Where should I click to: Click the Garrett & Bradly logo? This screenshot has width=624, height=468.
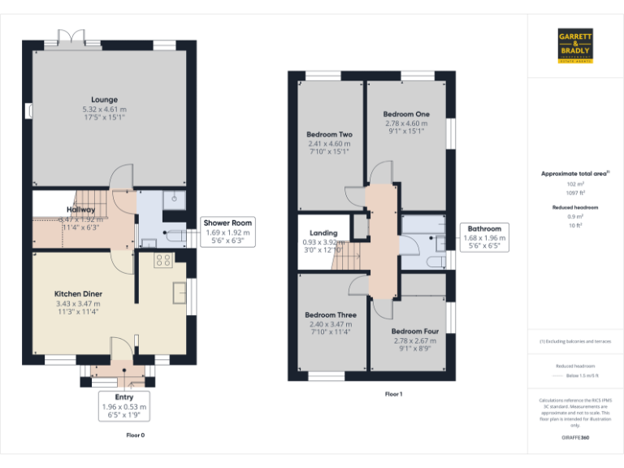[x=575, y=45]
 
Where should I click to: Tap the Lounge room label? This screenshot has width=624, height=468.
[x=104, y=99]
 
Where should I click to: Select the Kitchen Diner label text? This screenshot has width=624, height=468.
[x=78, y=293]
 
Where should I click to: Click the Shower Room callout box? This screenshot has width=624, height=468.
[x=228, y=232]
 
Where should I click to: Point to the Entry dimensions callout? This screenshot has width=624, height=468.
[x=124, y=406]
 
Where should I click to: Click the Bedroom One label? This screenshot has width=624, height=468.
[x=406, y=115]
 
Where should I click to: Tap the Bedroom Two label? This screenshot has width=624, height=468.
[x=329, y=134]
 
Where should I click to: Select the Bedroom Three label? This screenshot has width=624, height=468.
[x=330, y=314]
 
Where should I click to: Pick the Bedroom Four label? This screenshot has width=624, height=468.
[x=414, y=331]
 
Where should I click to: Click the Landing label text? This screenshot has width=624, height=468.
[x=323, y=233]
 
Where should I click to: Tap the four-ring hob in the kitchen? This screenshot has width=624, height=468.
[x=162, y=260]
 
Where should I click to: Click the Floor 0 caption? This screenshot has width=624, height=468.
[x=135, y=435]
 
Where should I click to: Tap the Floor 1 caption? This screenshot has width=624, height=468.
[x=393, y=394]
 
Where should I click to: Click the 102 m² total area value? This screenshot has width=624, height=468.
[x=575, y=184]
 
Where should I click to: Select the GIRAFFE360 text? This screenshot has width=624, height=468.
[x=575, y=438]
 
